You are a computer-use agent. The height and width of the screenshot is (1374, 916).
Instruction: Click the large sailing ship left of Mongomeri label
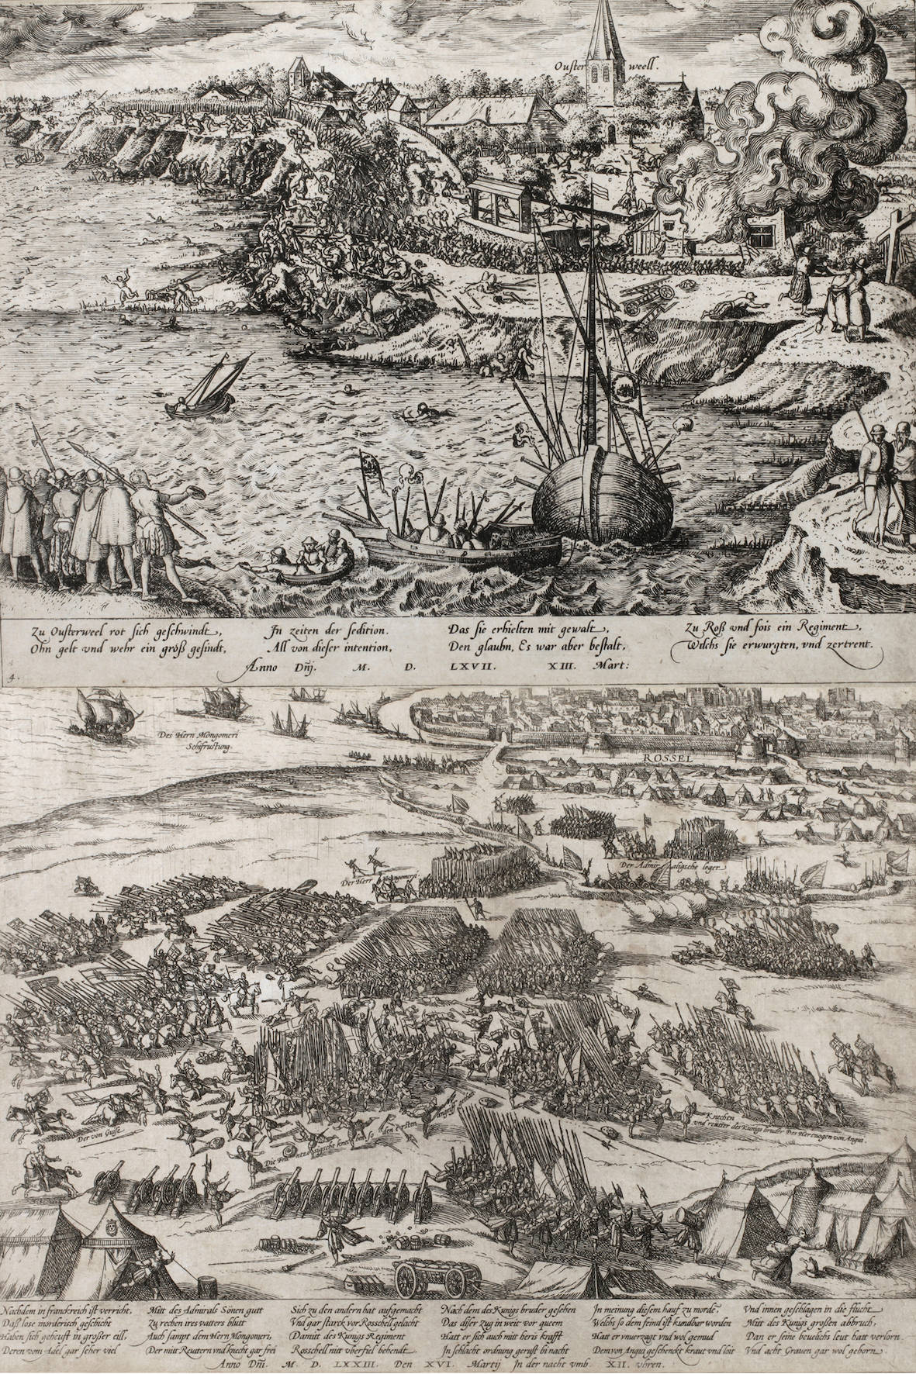click(x=96, y=710)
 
